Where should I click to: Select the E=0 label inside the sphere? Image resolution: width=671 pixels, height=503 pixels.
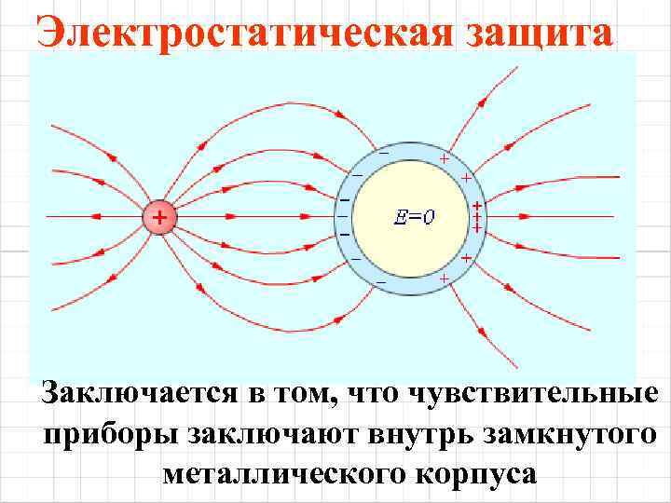tap(414, 218)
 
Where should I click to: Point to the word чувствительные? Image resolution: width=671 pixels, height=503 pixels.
tap(548, 395)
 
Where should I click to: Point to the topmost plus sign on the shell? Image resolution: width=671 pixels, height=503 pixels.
tap(445, 159)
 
